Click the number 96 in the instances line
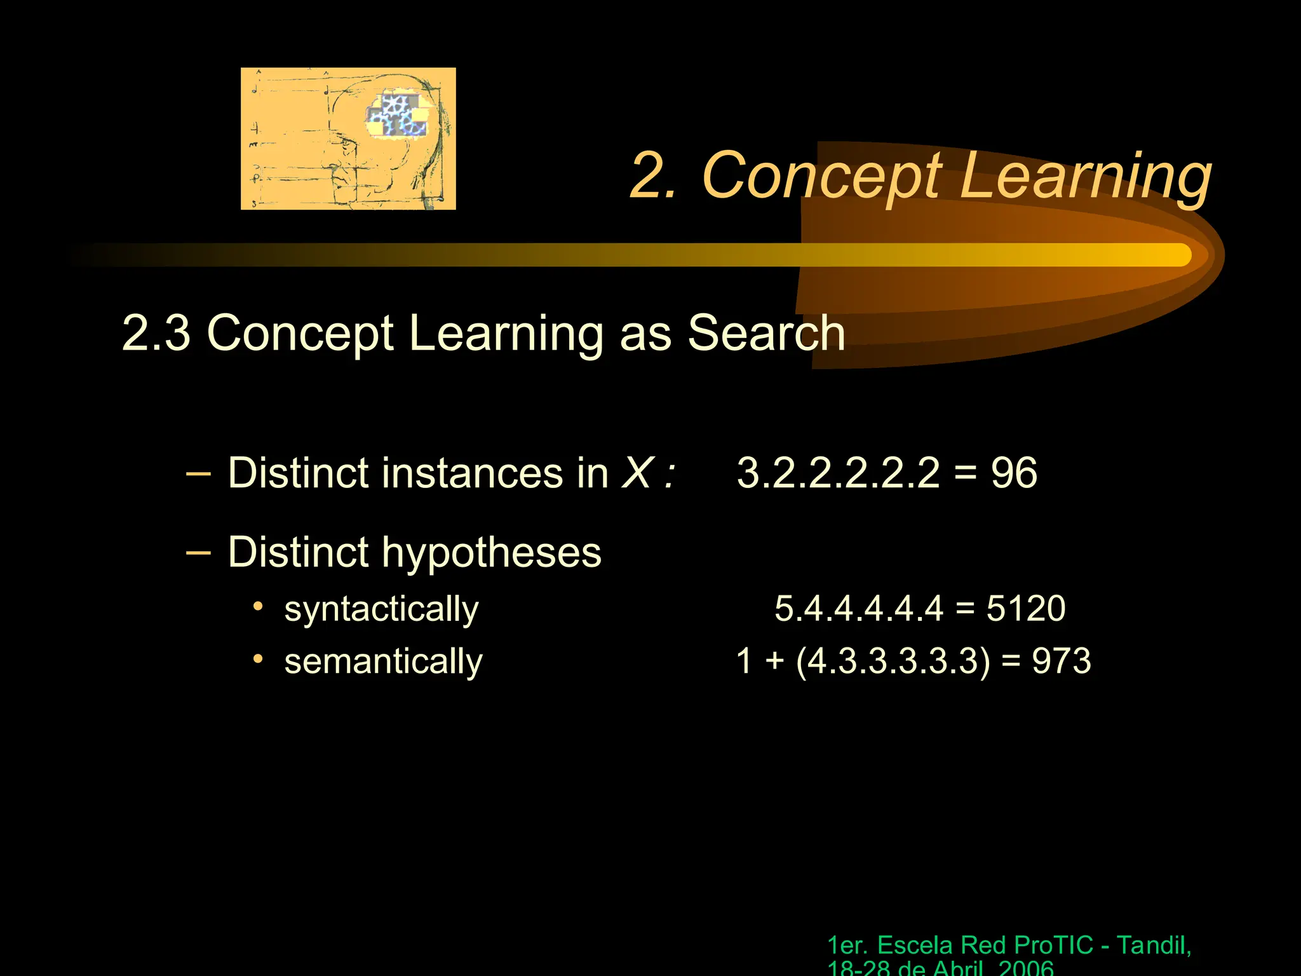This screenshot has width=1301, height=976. pyautogui.click(x=1014, y=473)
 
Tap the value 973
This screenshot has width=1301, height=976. pyautogui.click(x=1061, y=661)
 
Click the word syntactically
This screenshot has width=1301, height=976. pyautogui.click(x=381, y=610)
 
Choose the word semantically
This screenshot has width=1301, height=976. pyautogui.click(x=383, y=662)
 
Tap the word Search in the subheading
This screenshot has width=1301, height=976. pyautogui.click(x=766, y=333)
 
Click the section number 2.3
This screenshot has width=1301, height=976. pyautogui.click(x=156, y=333)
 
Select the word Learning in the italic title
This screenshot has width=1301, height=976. pyautogui.click(x=1085, y=176)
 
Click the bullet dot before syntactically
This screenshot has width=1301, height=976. pyautogui.click(x=258, y=606)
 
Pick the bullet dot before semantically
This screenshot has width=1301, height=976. pyautogui.click(x=258, y=659)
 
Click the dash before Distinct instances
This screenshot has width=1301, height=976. pyautogui.click(x=198, y=473)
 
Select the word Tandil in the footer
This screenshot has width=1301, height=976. pyautogui.click(x=1152, y=945)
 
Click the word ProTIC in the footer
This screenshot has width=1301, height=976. pyautogui.click(x=1053, y=945)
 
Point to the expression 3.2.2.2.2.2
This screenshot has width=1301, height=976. pyautogui.click(x=838, y=473)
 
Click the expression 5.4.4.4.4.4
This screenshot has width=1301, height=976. pyautogui.click(x=859, y=609)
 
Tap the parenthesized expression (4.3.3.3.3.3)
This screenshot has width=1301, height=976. pyautogui.click(x=893, y=661)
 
